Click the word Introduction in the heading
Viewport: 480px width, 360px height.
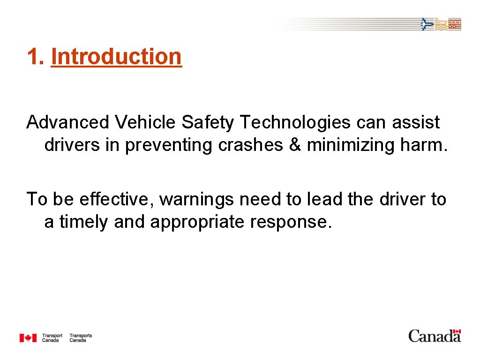point(116,57)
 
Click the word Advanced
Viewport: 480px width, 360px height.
point(67,122)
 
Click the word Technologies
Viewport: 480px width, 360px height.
point(295,122)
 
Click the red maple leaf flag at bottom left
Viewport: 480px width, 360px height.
point(28,337)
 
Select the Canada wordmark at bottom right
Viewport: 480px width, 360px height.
point(435,336)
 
